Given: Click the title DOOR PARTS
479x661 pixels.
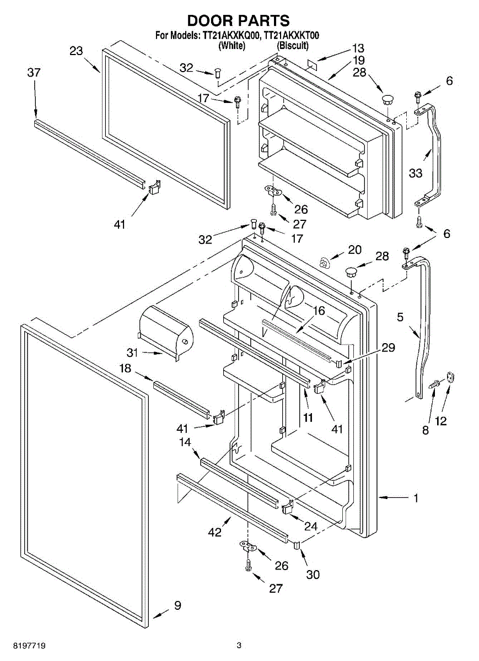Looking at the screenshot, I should (238, 20).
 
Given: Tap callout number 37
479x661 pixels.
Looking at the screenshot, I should (34, 72).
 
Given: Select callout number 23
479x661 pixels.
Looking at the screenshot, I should (76, 51).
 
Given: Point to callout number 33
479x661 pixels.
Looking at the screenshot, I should (416, 173).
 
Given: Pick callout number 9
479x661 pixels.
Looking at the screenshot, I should (177, 605).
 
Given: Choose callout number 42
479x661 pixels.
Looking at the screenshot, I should (214, 532).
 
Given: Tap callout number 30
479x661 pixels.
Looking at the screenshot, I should (313, 575).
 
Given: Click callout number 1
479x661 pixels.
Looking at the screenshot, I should (416, 499).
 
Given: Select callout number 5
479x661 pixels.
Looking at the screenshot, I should (400, 317).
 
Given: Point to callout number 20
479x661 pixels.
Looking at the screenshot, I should (354, 250).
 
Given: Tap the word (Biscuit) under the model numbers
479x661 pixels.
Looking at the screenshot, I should (292, 46).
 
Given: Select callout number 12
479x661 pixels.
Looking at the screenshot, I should (441, 421).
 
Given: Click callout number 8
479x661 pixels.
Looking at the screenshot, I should (425, 431).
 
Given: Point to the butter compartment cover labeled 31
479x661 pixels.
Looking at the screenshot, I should (165, 330).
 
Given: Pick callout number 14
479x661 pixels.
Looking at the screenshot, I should (185, 441).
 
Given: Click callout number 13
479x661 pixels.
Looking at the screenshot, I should (358, 48).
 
